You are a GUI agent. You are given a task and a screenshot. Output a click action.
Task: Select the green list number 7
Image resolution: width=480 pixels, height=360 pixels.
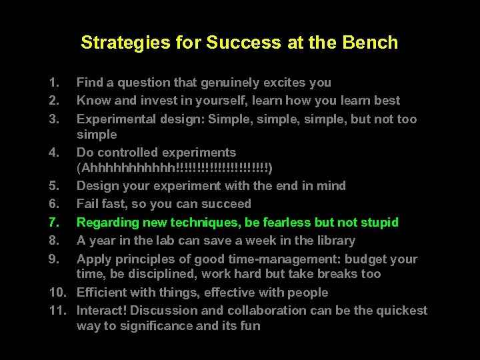tap(55, 222)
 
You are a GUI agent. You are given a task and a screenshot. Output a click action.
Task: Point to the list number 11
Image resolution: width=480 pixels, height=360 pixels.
tap(57, 311)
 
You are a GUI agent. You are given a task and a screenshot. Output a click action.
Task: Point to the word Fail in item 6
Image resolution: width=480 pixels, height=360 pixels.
tap(88, 204)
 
